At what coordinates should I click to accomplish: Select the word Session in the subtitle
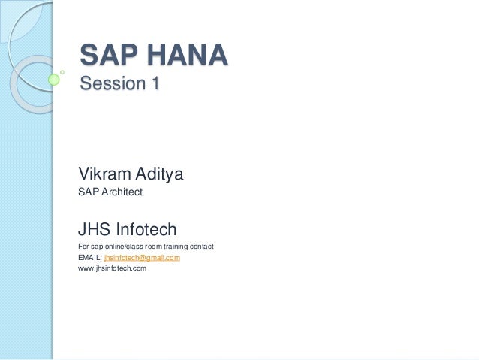[110, 84]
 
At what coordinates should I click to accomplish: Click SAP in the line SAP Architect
[88, 193]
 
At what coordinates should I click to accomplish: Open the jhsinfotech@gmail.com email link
[142, 258]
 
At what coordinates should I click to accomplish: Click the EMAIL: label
[89, 258]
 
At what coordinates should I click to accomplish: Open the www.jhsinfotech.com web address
[112, 268]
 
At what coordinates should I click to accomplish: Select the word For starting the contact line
[83, 247]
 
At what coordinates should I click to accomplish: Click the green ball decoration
[54, 79]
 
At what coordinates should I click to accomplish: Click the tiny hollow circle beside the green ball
[62, 71]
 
